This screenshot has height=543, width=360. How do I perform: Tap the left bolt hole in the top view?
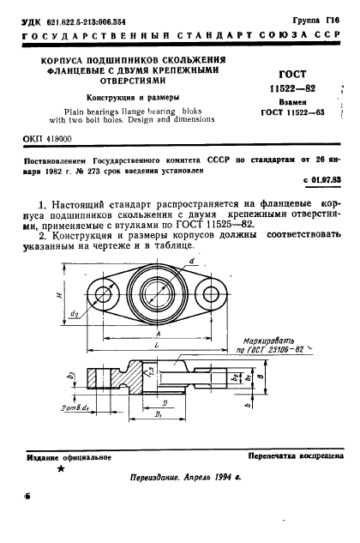(x=106, y=295)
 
